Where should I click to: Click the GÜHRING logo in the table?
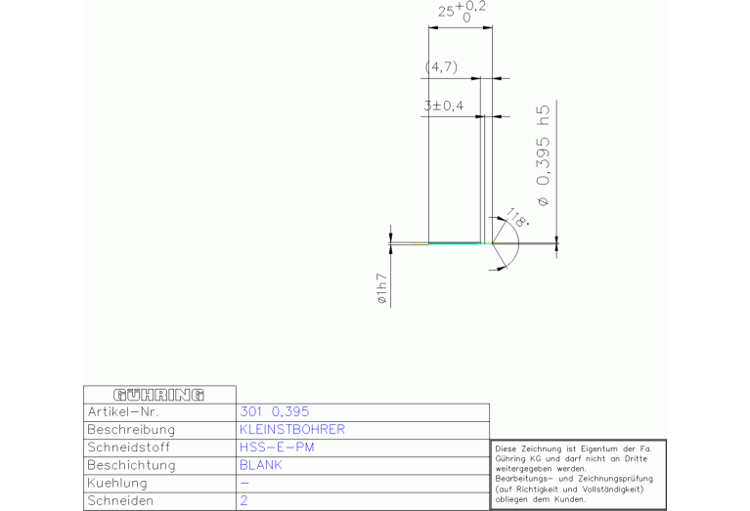coord(158,395)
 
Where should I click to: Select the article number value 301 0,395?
coord(275,411)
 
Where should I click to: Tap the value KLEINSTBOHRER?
coord(292,429)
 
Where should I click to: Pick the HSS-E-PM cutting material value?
coord(277,447)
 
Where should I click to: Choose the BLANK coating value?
coord(261,465)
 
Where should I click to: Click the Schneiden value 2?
coord(243,500)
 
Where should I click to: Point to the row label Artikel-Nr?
coord(122,411)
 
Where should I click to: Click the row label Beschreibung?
coord(131,430)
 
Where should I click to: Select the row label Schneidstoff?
coord(129,447)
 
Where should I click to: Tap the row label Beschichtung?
coord(132,466)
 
